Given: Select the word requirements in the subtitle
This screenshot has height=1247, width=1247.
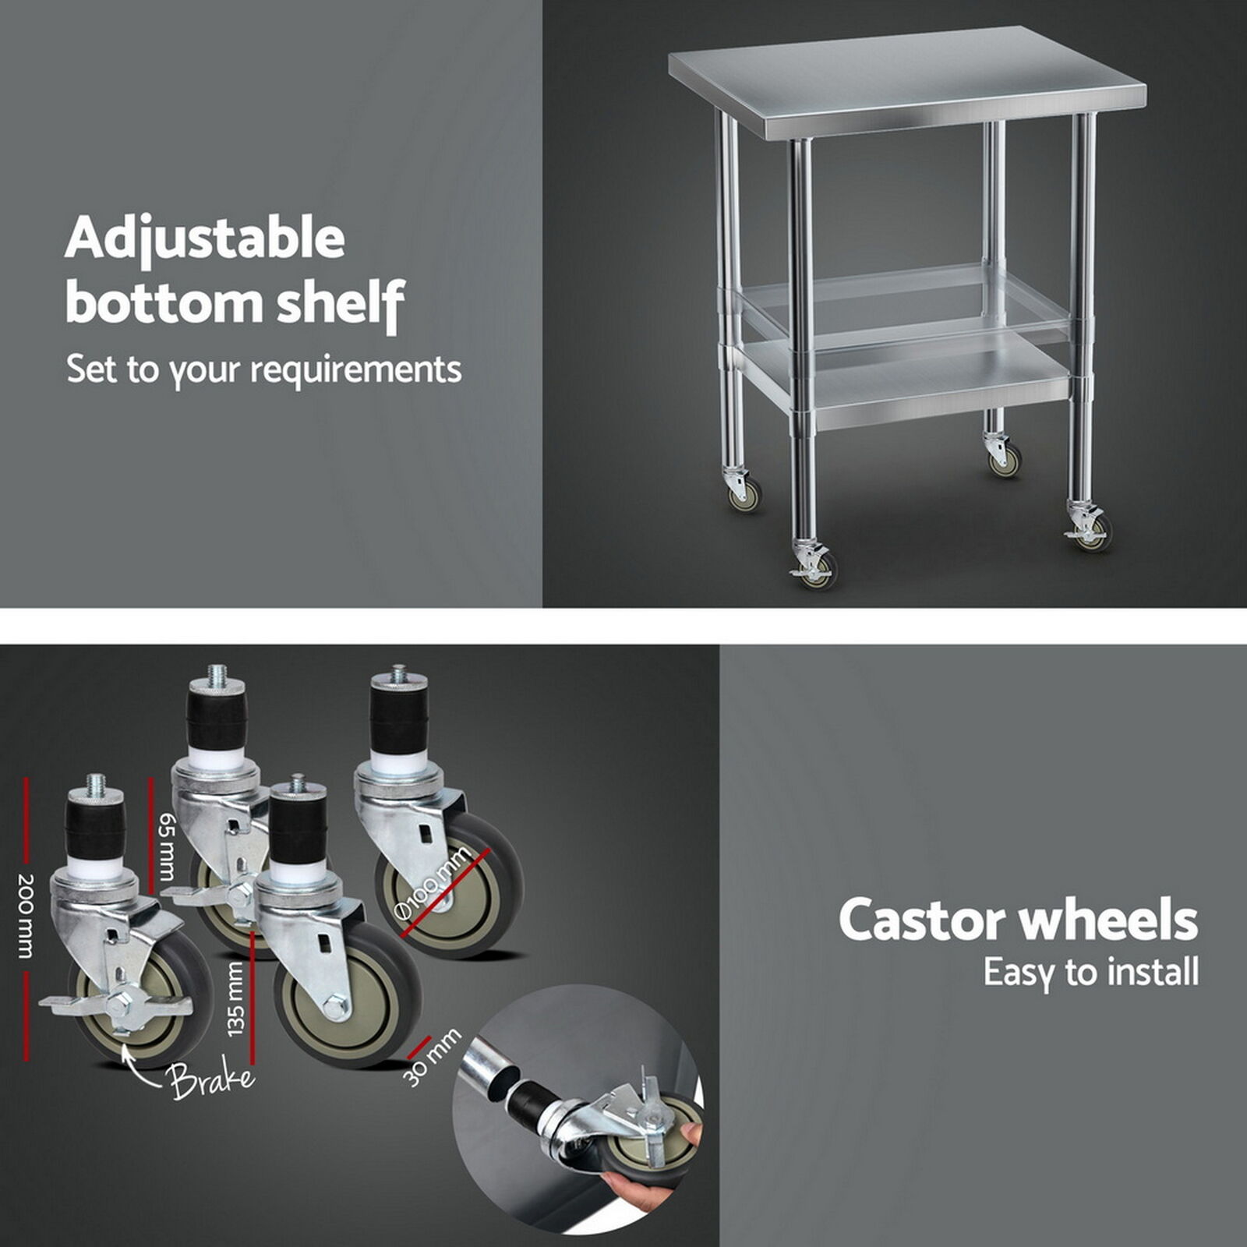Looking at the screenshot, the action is (356, 370).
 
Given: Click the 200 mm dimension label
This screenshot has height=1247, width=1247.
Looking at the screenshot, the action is (26, 916).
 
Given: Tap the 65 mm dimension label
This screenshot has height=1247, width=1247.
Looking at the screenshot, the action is (166, 846).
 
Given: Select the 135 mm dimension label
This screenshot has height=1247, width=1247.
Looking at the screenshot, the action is (236, 1000).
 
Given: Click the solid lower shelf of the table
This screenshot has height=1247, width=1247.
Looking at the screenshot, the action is (904, 382).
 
